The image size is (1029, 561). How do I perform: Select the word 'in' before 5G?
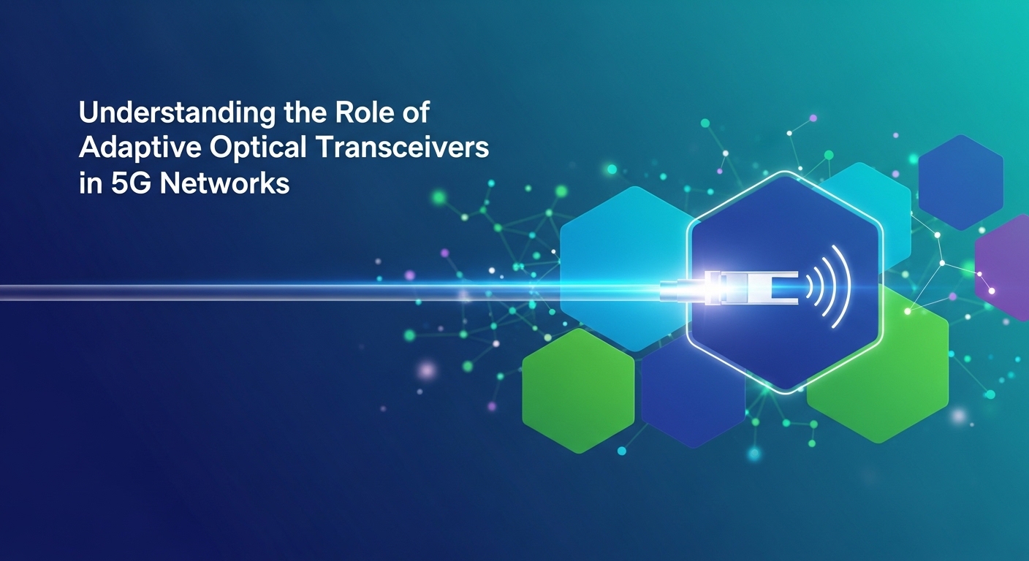click(x=88, y=183)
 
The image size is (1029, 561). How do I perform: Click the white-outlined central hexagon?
click(x=786, y=329)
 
